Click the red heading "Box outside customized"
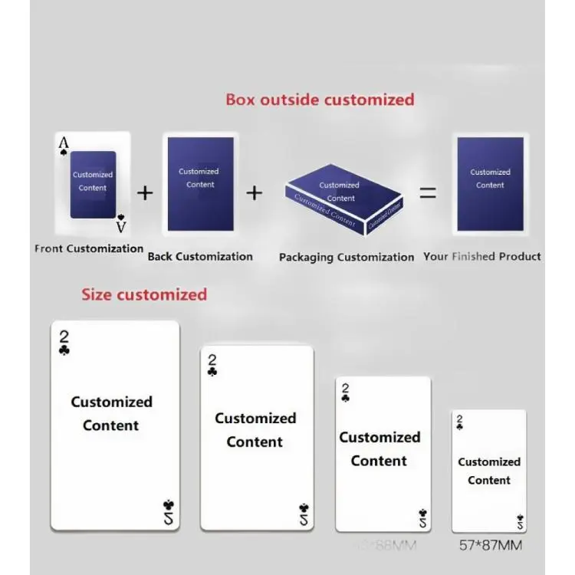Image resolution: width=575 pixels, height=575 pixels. [x=320, y=100]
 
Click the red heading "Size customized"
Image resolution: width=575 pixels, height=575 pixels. [x=144, y=294]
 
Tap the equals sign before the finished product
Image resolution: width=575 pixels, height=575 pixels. [x=428, y=193]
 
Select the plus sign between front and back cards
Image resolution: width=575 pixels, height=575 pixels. [x=145, y=192]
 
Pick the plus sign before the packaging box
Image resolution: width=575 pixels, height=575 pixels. [x=255, y=192]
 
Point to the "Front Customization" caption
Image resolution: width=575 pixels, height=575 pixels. [x=89, y=248]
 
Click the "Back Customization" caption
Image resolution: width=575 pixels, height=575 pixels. [x=200, y=257]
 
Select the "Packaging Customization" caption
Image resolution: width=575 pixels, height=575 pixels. [x=347, y=258]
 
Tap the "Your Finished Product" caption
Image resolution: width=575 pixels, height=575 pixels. [x=482, y=257]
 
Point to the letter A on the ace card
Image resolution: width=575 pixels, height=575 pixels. [x=64, y=143]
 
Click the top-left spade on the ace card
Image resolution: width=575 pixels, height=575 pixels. [x=64, y=154]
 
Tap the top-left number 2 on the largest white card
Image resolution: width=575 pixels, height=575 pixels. [x=64, y=337]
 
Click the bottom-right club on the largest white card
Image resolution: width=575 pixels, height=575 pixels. [x=169, y=505]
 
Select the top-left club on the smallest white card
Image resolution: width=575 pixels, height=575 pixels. [x=459, y=426]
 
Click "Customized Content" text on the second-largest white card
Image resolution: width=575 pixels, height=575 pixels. [x=255, y=430]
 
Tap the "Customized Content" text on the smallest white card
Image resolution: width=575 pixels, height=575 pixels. [x=489, y=471]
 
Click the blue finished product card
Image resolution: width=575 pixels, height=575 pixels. [x=490, y=184]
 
